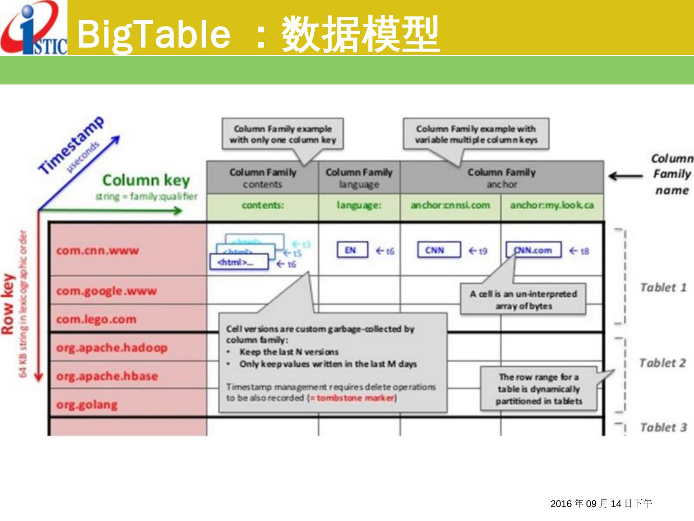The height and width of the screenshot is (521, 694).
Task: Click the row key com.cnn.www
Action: [x=97, y=250]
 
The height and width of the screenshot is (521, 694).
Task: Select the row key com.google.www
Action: [x=107, y=291]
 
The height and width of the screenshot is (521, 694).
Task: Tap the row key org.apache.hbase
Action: [x=107, y=376]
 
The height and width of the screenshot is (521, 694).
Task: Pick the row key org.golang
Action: [x=87, y=404]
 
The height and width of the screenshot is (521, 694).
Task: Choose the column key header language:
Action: [x=359, y=206]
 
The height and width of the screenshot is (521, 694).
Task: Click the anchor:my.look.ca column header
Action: [x=552, y=206]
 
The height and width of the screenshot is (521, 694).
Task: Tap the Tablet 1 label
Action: [x=663, y=288]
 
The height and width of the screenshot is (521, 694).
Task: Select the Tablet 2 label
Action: [x=662, y=363]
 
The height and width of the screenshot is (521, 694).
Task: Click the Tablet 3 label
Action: [x=663, y=427]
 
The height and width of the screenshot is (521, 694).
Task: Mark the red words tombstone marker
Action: [x=356, y=398]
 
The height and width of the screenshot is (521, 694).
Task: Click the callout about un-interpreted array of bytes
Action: [x=523, y=300]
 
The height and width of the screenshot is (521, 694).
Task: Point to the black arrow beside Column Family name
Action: [x=626, y=176]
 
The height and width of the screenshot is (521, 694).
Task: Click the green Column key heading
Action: [x=146, y=180]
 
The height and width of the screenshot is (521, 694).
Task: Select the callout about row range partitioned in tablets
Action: [x=539, y=389]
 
